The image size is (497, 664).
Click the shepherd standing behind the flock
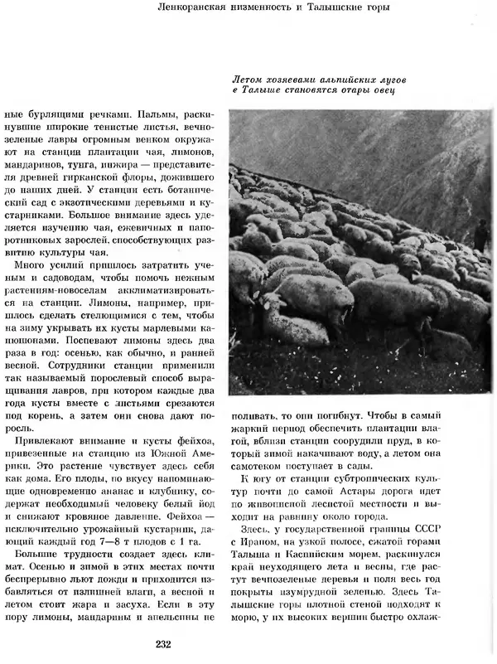coord(480,236)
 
